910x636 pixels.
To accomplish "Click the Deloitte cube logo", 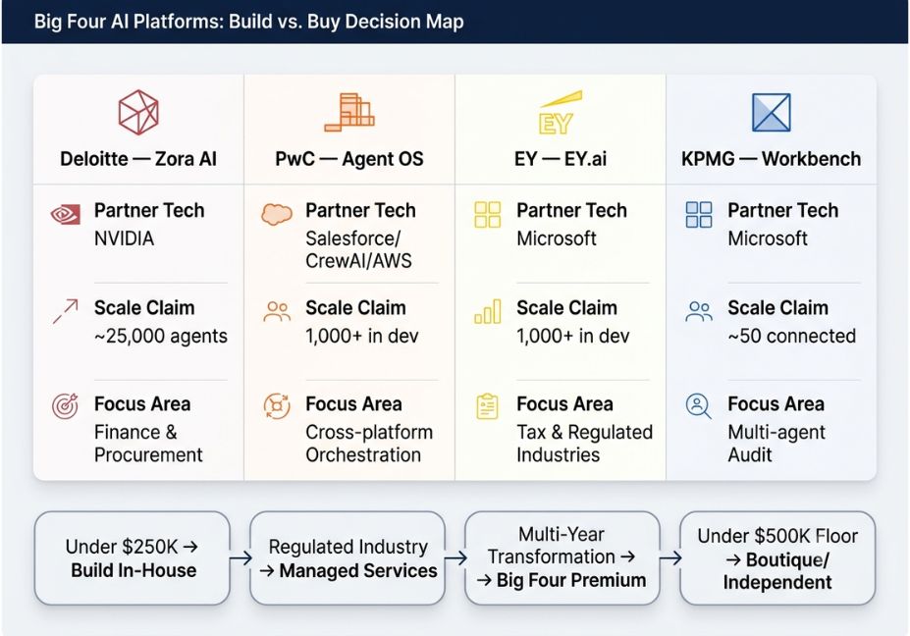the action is pos(138,112).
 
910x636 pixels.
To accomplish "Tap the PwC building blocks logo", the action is pos(349,112).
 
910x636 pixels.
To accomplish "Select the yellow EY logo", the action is pos(560,113).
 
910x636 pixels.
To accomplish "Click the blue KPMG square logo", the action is pos(772,113).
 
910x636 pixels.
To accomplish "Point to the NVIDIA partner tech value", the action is pos(125,238).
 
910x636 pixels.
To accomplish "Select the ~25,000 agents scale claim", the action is pos(161,336).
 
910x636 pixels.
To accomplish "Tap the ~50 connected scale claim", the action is pos(791,336).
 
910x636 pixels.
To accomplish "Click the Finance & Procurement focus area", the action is pos(148,444).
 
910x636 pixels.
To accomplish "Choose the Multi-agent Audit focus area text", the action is pos(776,444).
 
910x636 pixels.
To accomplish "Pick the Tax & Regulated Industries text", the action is pos(584,444).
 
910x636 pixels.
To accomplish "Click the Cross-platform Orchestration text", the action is pos(369,444).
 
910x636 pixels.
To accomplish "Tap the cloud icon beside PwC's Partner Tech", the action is pos(277,214).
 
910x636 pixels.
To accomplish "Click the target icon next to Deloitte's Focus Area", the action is pos(65,406).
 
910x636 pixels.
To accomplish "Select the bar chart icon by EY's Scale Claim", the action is pos(488,311).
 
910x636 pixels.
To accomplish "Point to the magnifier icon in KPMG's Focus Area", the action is pos(698,406).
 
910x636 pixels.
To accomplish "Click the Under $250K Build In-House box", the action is pos(133,558).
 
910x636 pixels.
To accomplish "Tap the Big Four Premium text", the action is pos(571,580).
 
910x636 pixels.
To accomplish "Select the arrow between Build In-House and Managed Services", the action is pos(241,558).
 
